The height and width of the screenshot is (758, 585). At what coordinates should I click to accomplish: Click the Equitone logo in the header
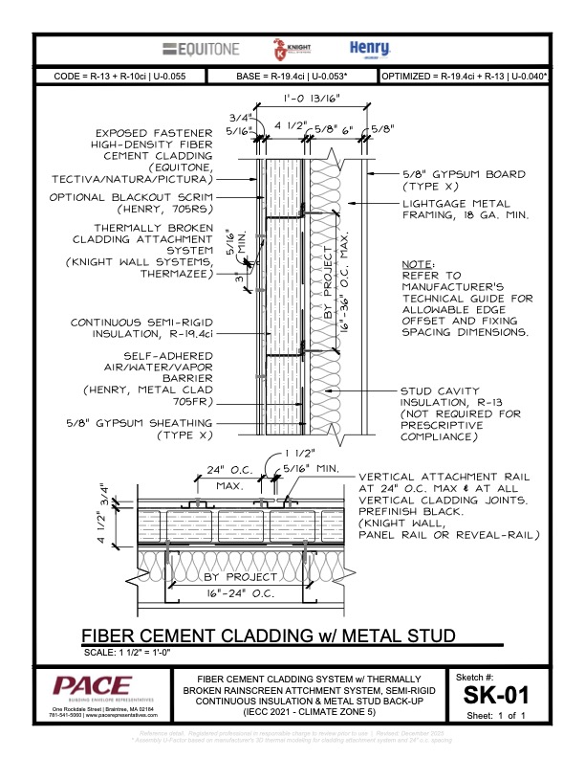coord(201,49)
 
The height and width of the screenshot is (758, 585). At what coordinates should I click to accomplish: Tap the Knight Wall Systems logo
coord(281,49)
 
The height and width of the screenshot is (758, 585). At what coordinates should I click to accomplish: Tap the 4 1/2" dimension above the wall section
coord(285,123)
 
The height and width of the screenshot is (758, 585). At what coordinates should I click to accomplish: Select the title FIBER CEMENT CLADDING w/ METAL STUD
coord(267,636)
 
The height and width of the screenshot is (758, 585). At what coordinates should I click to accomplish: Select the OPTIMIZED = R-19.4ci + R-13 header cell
coord(464,77)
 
